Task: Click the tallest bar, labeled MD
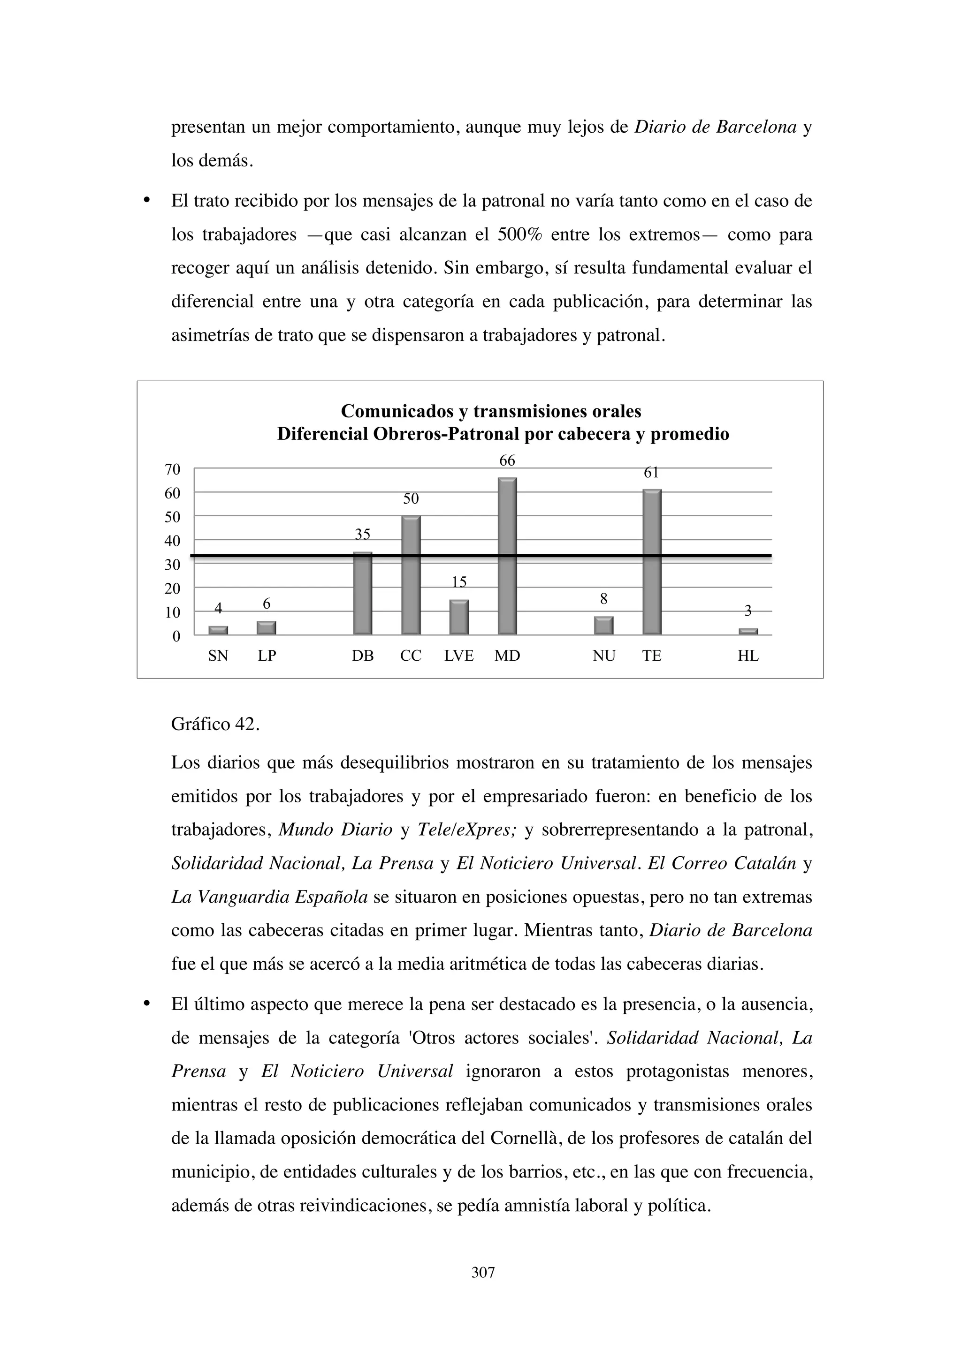click(507, 556)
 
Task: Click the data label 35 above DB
click(362, 535)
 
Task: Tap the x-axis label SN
click(218, 656)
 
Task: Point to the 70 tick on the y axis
click(172, 469)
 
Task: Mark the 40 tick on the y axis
click(172, 541)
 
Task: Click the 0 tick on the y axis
click(176, 637)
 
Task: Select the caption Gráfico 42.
click(215, 724)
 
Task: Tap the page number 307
click(483, 1273)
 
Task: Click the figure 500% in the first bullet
click(519, 235)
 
